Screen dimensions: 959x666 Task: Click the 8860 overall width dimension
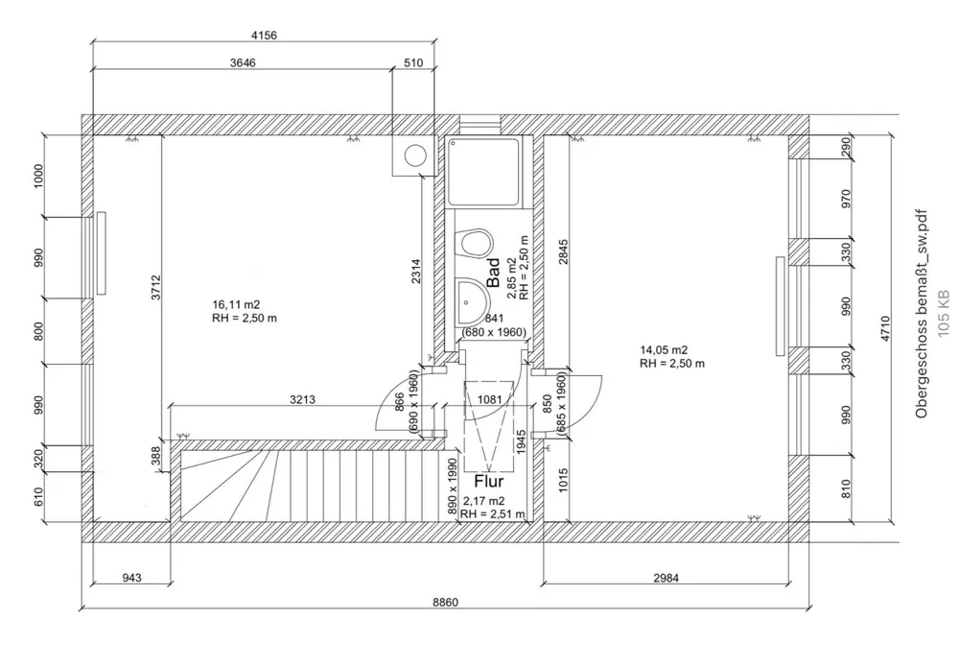445,602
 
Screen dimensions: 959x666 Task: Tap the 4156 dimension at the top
264,36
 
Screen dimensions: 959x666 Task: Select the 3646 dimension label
243,62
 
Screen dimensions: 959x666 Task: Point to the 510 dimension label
413,62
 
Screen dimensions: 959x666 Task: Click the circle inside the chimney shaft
415,155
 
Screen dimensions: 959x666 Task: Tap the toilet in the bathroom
477,243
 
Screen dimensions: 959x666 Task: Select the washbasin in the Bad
472,301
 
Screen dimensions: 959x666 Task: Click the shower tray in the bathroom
484,172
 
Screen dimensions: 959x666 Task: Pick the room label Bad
493,272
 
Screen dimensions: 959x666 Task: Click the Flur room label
489,481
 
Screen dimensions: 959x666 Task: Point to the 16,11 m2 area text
236,304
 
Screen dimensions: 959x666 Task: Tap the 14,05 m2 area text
665,350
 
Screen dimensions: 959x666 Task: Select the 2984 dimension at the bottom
667,578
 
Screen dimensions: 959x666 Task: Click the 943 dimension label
131,578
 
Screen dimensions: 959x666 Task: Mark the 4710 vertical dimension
885,328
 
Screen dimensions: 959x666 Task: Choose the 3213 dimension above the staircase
302,400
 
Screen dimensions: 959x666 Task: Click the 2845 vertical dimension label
563,251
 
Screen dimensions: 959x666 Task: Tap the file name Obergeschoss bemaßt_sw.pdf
922,314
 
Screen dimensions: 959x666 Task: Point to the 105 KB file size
944,313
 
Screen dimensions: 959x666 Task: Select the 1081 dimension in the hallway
489,400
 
